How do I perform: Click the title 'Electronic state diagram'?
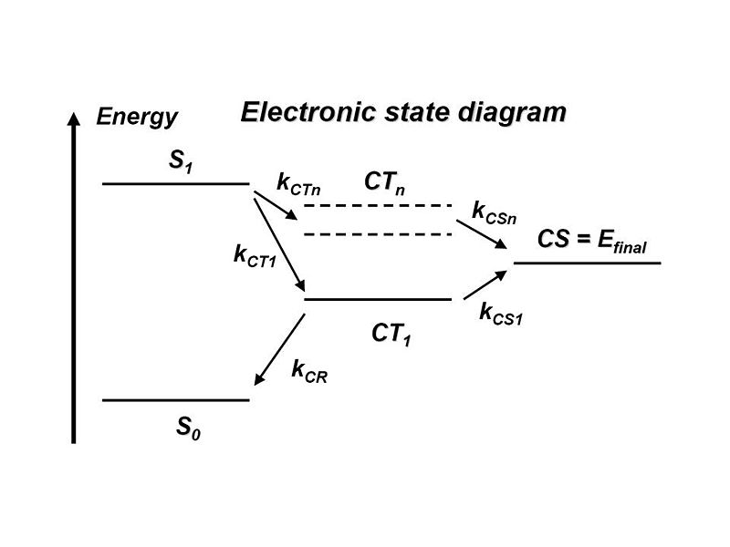pyautogui.click(x=403, y=112)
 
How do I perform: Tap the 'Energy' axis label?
pyautogui.click(x=137, y=117)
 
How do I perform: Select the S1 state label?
pyautogui.click(x=181, y=161)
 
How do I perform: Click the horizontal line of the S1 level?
pyautogui.click(x=175, y=183)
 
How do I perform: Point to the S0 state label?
pyautogui.click(x=189, y=427)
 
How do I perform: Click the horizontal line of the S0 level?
pyautogui.click(x=175, y=399)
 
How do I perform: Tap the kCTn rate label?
pyautogui.click(x=298, y=182)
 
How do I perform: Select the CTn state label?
pyautogui.click(x=384, y=182)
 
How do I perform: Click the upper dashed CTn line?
pyautogui.click(x=378, y=206)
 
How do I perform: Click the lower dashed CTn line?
pyautogui.click(x=378, y=234)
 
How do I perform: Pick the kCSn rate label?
pyautogui.click(x=494, y=212)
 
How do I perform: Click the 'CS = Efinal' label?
pyautogui.click(x=592, y=240)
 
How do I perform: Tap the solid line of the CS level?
pyautogui.click(x=587, y=263)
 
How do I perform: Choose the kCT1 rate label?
pyautogui.click(x=255, y=255)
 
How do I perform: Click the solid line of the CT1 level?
pyautogui.click(x=378, y=299)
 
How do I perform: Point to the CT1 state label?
pyautogui.click(x=391, y=335)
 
